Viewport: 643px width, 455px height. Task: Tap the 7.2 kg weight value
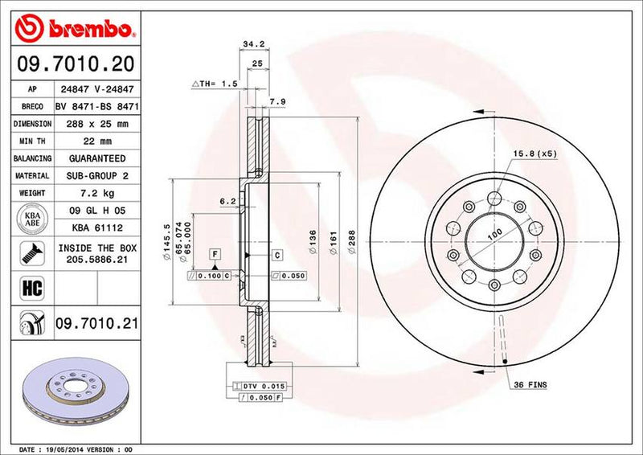pyautogui.click(x=98, y=193)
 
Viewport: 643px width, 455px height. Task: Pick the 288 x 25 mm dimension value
pyautogui.click(x=98, y=124)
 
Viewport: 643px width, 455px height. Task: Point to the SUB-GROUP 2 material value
pyautogui.click(x=98, y=175)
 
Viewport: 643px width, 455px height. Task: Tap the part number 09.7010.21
pyautogui.click(x=96, y=323)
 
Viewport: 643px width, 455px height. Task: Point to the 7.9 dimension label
pyautogui.click(x=276, y=102)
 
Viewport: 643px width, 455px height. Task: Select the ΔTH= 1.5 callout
pyautogui.click(x=214, y=84)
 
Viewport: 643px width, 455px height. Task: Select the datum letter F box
pyautogui.click(x=215, y=255)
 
